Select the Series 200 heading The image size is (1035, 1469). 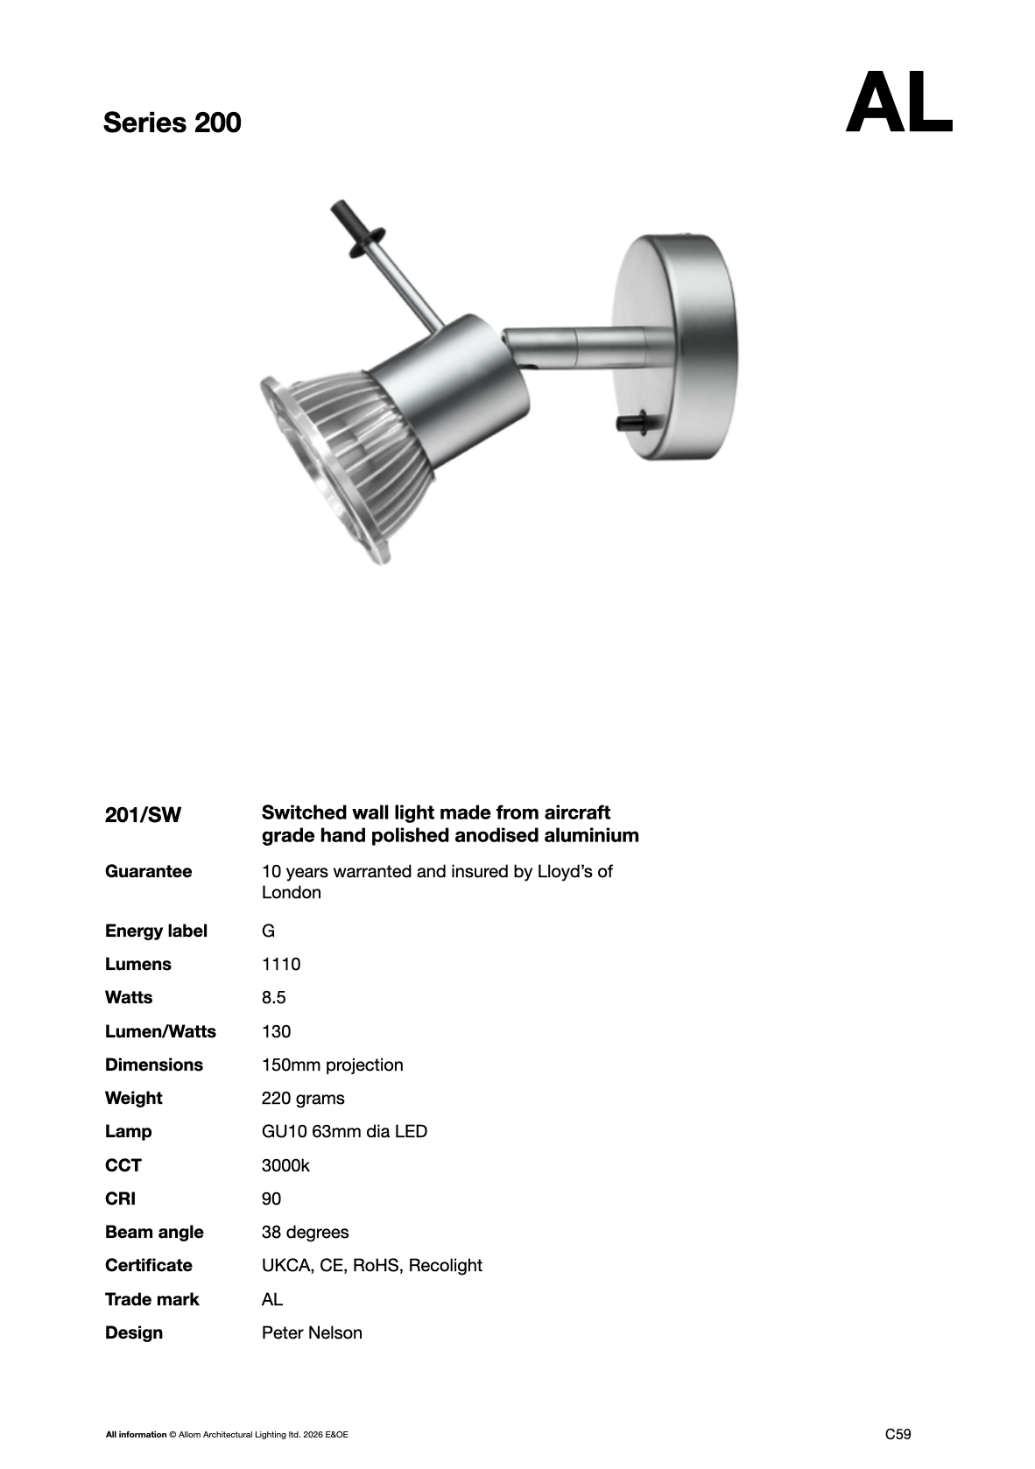(172, 123)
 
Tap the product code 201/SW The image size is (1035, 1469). (143, 815)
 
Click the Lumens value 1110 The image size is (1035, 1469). (280, 964)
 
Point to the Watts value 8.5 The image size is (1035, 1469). (273, 997)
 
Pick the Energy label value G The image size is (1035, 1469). (268, 931)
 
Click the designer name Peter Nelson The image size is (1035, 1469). (312, 1332)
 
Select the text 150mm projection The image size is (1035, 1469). (332, 1065)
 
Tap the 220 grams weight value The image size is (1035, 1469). (303, 1098)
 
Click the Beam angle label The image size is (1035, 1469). (154, 1232)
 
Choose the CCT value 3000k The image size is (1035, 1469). (285, 1165)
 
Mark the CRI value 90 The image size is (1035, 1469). (271, 1198)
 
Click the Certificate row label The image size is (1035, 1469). (148, 1265)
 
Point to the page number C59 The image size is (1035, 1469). (898, 1434)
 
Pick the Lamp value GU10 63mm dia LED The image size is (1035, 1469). (344, 1131)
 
